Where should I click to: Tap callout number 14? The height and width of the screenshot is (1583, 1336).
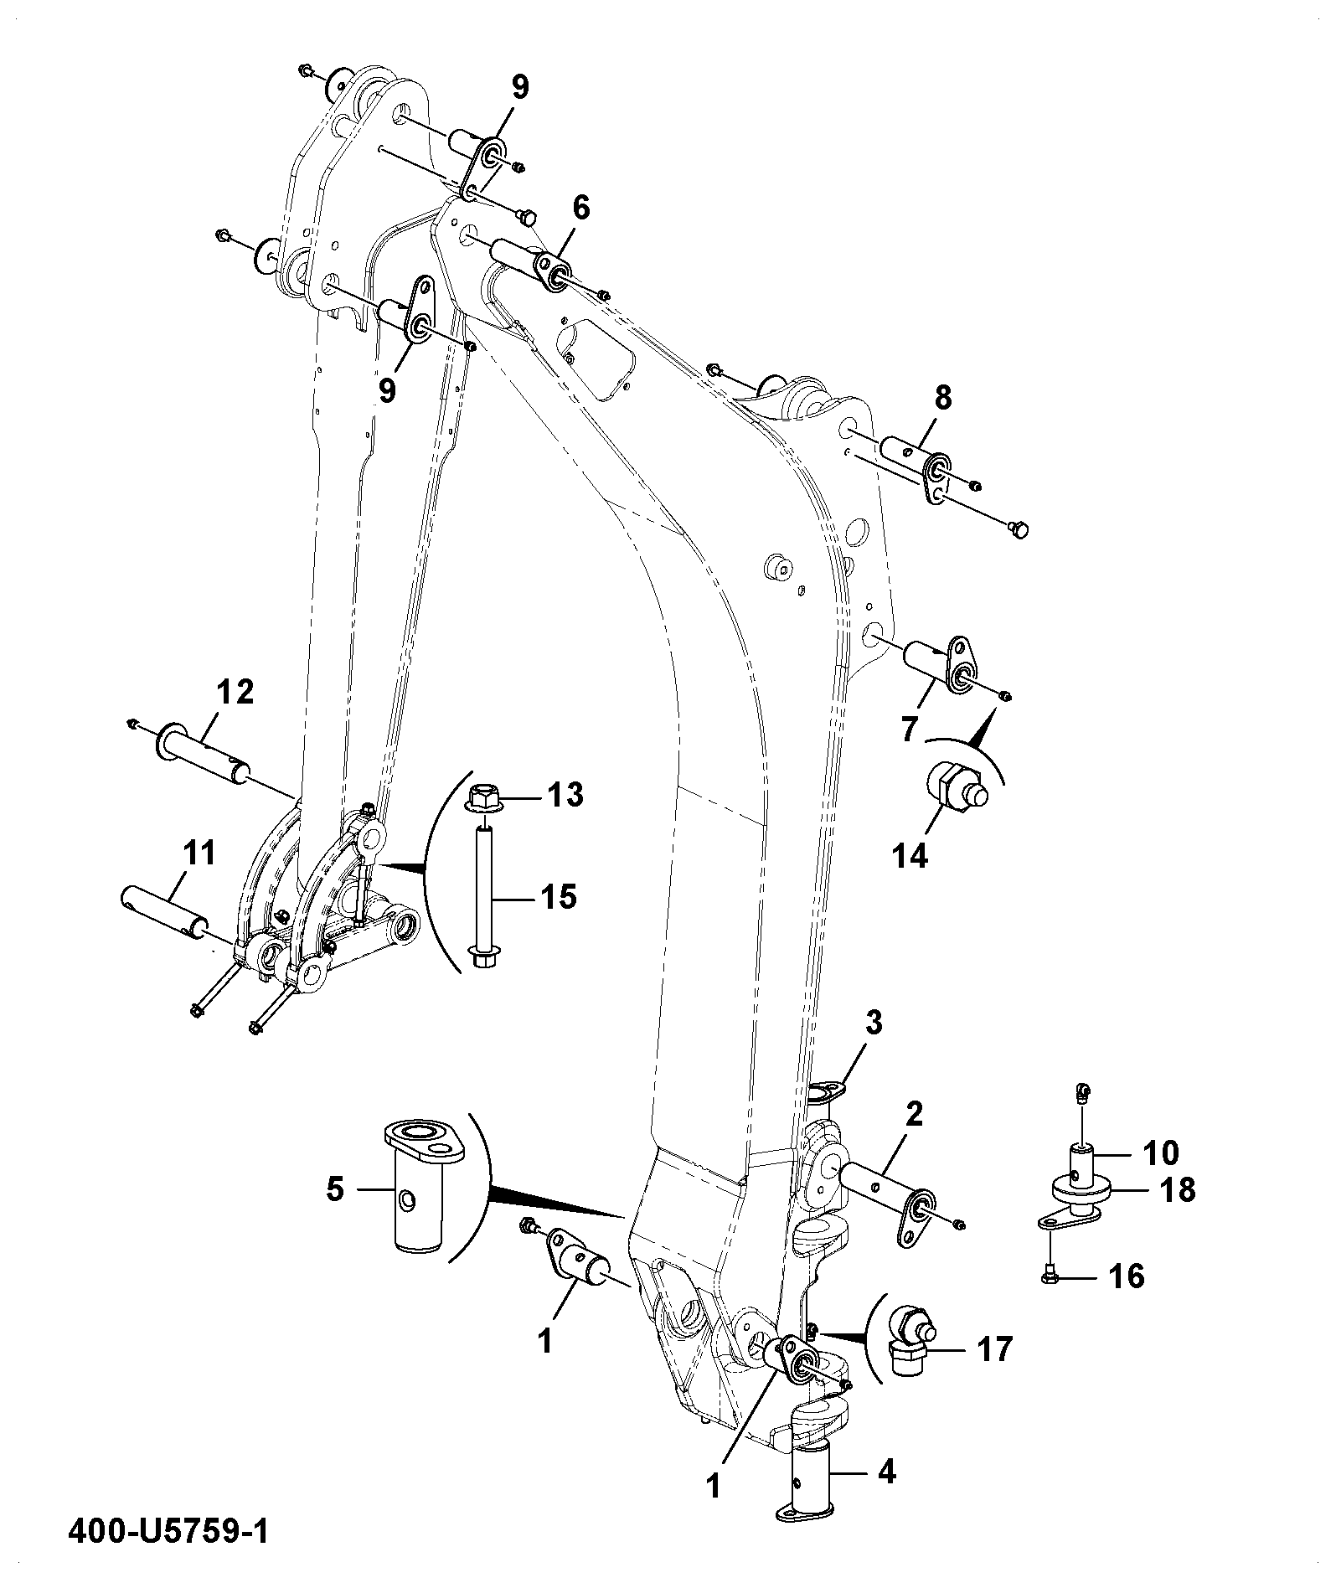[x=910, y=855]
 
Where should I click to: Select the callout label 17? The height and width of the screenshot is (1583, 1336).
[x=995, y=1349]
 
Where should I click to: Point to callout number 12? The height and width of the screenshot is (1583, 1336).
[x=235, y=694]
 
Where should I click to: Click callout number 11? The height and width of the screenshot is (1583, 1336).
[x=199, y=853]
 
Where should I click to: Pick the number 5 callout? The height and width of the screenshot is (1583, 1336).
[x=335, y=1189]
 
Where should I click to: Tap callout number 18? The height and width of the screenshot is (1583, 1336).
[x=1178, y=1189]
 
